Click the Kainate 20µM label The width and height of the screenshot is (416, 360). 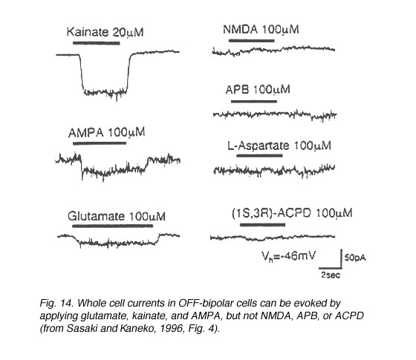[105, 32]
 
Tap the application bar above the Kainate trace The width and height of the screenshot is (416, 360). [97, 43]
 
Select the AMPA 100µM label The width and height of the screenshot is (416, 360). [107, 133]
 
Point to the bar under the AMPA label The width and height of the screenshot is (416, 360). [100, 143]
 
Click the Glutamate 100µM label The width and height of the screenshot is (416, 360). [117, 216]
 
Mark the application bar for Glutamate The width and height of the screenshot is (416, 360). [112, 226]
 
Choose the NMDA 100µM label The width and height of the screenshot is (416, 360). [261, 30]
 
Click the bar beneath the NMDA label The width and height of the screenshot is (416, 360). [252, 41]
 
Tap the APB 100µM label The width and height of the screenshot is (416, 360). [258, 90]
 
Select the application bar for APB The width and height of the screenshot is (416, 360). [254, 101]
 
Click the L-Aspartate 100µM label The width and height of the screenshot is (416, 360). [279, 145]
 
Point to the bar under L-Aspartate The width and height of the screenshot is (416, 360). [259, 155]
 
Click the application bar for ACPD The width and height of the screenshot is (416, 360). [263, 225]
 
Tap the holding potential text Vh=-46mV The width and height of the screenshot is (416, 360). [289, 256]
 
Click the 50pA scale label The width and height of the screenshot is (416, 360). [355, 258]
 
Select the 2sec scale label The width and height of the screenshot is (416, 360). [331, 275]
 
